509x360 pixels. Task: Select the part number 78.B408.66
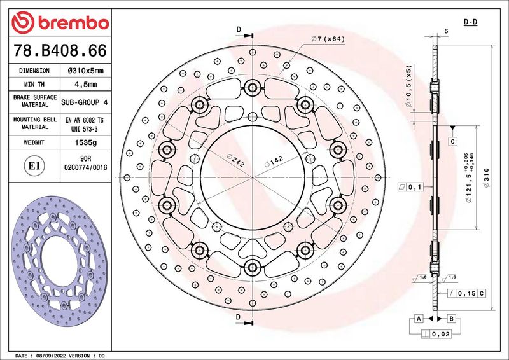point(60,51)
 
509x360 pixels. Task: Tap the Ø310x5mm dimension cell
point(86,71)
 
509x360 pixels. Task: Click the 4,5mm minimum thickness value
point(86,85)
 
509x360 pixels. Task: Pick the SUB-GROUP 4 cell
point(85,102)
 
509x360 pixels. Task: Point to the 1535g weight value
point(86,142)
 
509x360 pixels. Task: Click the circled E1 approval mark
point(34,166)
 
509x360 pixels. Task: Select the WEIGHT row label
point(34,142)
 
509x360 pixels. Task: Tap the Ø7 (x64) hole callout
point(328,39)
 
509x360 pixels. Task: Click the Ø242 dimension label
point(236,160)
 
